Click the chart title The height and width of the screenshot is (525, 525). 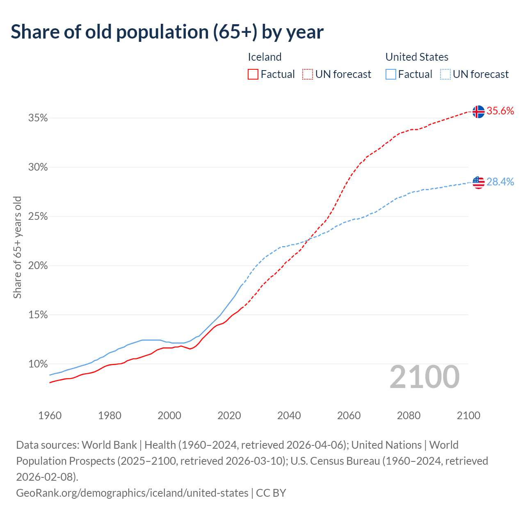[x=167, y=32]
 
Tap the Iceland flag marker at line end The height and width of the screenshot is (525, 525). [x=478, y=112]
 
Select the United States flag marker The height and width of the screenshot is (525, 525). [x=478, y=182]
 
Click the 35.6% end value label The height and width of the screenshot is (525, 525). [x=500, y=111]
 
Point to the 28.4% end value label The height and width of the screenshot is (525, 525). [x=500, y=182]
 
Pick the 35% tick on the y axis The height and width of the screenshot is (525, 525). [x=38, y=118]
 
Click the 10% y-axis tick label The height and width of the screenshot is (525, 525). [x=38, y=364]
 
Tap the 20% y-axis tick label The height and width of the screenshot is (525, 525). [x=38, y=266]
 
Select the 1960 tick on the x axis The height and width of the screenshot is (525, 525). [x=50, y=415]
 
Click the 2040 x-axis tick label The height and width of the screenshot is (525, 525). [x=289, y=415]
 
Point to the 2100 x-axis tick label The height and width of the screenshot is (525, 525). [x=468, y=415]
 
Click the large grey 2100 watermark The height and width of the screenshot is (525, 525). [x=425, y=377]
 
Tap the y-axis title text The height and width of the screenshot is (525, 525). [x=17, y=247]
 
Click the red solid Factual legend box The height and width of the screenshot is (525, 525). [x=253, y=74]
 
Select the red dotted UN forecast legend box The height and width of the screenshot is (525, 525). [x=308, y=74]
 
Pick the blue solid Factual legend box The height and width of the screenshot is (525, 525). [x=391, y=74]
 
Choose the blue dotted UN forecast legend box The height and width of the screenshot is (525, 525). [x=445, y=74]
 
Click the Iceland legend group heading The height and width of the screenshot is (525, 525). [x=265, y=57]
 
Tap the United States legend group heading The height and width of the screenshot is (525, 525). [x=417, y=57]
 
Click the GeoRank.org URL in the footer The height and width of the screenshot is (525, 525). [x=132, y=493]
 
